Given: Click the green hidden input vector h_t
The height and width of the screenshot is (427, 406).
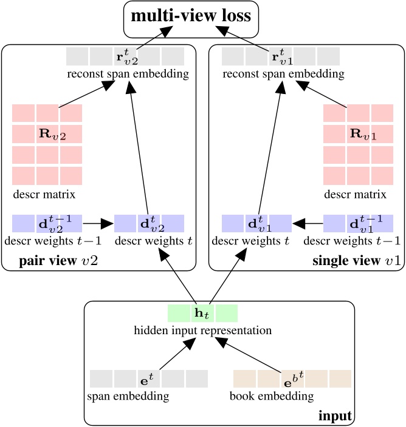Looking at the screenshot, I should pyautogui.click(x=202, y=314).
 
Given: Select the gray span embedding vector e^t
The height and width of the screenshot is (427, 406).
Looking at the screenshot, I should pyautogui.click(x=149, y=378).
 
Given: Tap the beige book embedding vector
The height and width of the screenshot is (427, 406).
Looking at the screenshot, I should pyautogui.click(x=292, y=378).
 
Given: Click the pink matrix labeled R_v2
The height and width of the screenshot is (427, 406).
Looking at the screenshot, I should pyautogui.click(x=47, y=144).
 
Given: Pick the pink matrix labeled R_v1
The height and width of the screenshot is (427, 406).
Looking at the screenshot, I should pyautogui.click(x=358, y=144).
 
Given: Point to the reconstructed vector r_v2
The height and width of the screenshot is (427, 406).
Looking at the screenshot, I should pyautogui.click(x=125, y=56).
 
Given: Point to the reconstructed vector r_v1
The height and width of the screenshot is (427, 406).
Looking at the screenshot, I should pyautogui.click(x=280, y=56).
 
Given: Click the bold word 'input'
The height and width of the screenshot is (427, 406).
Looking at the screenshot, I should pyautogui.click(x=335, y=416).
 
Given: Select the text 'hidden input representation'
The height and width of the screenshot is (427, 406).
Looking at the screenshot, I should pyautogui.click(x=202, y=331).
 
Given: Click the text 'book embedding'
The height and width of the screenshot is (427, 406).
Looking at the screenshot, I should pyautogui.click(x=272, y=397).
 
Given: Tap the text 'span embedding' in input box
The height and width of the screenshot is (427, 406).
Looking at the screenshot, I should pyautogui.click(x=129, y=397).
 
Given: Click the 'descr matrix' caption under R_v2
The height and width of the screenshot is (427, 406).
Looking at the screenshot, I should pyautogui.click(x=44, y=195).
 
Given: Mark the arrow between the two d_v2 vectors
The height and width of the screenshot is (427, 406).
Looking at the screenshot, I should pyautogui.click(x=98, y=224).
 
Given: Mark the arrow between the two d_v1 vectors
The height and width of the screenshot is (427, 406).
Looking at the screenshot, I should pyautogui.click(x=307, y=224).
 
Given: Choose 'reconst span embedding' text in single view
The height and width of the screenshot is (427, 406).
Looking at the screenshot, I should pyautogui.click(x=283, y=74).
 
